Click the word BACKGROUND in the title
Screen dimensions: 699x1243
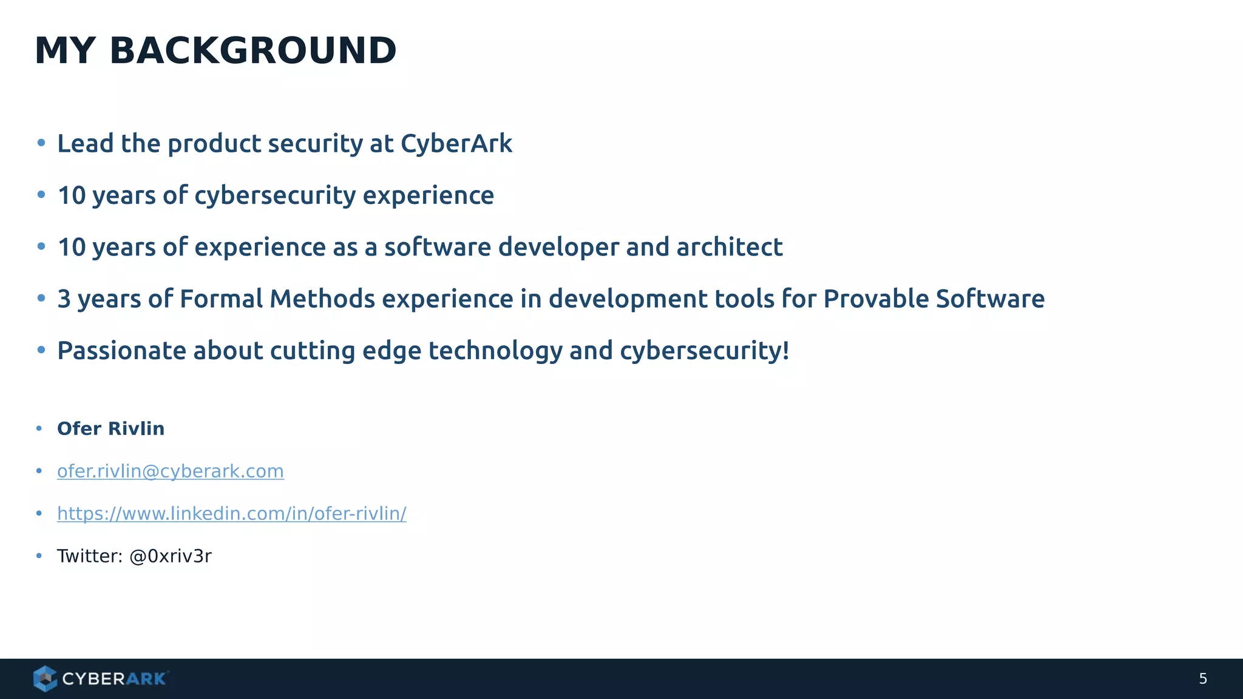click(x=252, y=51)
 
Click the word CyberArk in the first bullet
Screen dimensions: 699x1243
click(x=456, y=144)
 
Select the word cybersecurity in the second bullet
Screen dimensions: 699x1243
click(x=275, y=196)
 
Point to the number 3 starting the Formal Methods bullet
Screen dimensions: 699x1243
click(x=64, y=299)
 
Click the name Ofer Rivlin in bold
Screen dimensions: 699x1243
click(x=110, y=429)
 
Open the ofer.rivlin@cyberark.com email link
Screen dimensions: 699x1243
click(x=170, y=471)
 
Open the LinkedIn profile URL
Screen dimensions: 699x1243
click(x=231, y=514)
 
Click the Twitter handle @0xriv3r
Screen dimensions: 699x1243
click(x=171, y=556)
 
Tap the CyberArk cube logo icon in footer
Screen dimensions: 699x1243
click(x=45, y=678)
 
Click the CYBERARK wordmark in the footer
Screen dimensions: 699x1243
click(x=114, y=679)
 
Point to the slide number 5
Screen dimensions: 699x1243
click(x=1203, y=679)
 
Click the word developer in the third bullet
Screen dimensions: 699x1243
click(x=558, y=248)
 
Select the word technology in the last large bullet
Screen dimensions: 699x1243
click(x=495, y=351)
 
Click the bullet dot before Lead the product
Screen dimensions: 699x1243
click(x=41, y=143)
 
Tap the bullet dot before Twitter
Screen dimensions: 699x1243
click(x=39, y=556)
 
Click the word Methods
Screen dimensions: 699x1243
click(x=322, y=299)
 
